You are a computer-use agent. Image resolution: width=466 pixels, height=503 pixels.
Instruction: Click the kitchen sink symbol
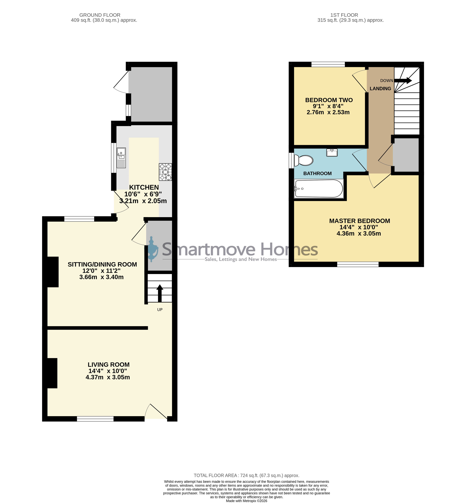(121, 158)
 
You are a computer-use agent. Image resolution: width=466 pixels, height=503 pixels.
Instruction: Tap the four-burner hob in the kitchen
(165, 172)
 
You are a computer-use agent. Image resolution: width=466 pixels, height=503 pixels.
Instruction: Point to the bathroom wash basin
(332, 153)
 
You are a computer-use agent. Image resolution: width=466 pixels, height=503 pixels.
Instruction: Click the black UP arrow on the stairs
(160, 293)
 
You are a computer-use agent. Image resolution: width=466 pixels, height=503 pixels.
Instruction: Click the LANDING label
(380, 89)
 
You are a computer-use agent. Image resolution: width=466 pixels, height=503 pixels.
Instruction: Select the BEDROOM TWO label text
(329, 100)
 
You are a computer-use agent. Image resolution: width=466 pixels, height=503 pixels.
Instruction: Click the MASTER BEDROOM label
(360, 221)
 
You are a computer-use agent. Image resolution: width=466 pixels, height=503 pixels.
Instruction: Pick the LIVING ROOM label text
(109, 365)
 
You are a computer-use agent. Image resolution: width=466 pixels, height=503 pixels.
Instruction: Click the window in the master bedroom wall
(358, 264)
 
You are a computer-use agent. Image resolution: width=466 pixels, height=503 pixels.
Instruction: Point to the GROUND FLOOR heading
(100, 15)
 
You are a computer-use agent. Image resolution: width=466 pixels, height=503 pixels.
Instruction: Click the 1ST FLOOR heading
(344, 15)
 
